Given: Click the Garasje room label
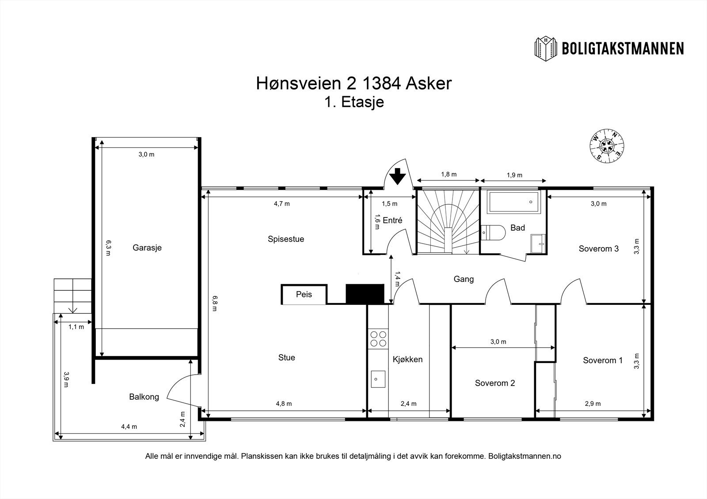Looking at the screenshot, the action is pyautogui.click(x=147, y=248).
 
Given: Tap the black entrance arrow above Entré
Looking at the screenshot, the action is pyautogui.click(x=397, y=176).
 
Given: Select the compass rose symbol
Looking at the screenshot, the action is pyautogui.click(x=607, y=146).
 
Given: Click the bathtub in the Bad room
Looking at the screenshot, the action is pyautogui.click(x=513, y=202).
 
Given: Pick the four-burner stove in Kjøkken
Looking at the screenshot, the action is pyautogui.click(x=378, y=338).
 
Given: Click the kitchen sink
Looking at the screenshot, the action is pyautogui.click(x=378, y=379).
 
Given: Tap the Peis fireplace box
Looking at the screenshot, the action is pyautogui.click(x=304, y=294).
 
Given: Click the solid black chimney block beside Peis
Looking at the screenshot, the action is pyautogui.click(x=365, y=294).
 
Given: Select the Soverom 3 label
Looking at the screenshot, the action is pyautogui.click(x=598, y=249).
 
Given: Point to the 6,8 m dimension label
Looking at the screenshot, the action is pyautogui.click(x=215, y=303).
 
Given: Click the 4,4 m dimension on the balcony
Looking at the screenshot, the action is pyautogui.click(x=129, y=427).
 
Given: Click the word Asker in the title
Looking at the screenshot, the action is pyautogui.click(x=428, y=83).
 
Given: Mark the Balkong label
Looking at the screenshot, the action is pyautogui.click(x=144, y=397).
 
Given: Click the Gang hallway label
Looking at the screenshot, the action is pyautogui.click(x=464, y=279).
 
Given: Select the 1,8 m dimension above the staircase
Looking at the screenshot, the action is pyautogui.click(x=449, y=174).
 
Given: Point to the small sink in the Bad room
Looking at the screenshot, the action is pyautogui.click(x=539, y=244).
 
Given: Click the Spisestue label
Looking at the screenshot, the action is pyautogui.click(x=286, y=239).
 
